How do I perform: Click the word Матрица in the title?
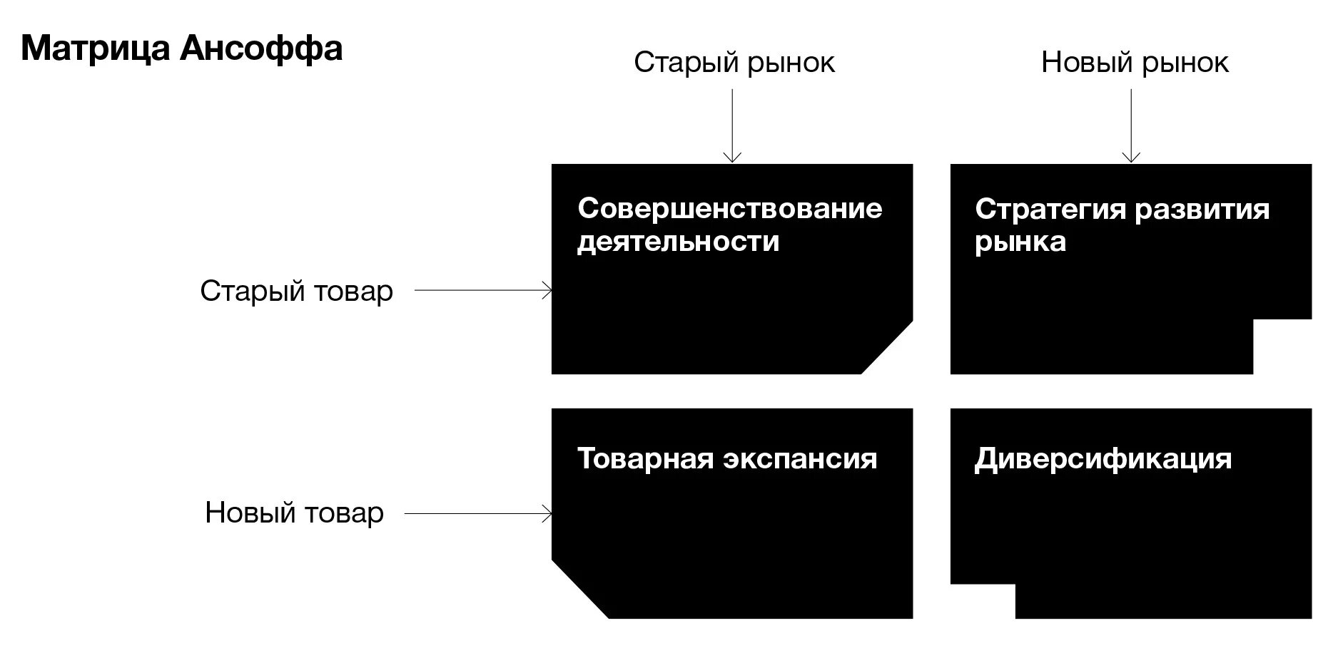[96, 49]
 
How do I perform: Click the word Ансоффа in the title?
[261, 49]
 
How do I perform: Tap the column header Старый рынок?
[734, 63]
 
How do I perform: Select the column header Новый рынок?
[1135, 63]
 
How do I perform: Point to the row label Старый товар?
[296, 291]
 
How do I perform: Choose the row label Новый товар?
[294, 513]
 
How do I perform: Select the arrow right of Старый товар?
[483, 291]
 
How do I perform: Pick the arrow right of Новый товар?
[478, 513]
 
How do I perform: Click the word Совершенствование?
[730, 209]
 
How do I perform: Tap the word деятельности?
[678, 242]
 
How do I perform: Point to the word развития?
[1202, 210]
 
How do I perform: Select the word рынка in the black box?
[1020, 242]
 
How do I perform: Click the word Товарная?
[645, 458]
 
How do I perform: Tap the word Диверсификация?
[1103, 458]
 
